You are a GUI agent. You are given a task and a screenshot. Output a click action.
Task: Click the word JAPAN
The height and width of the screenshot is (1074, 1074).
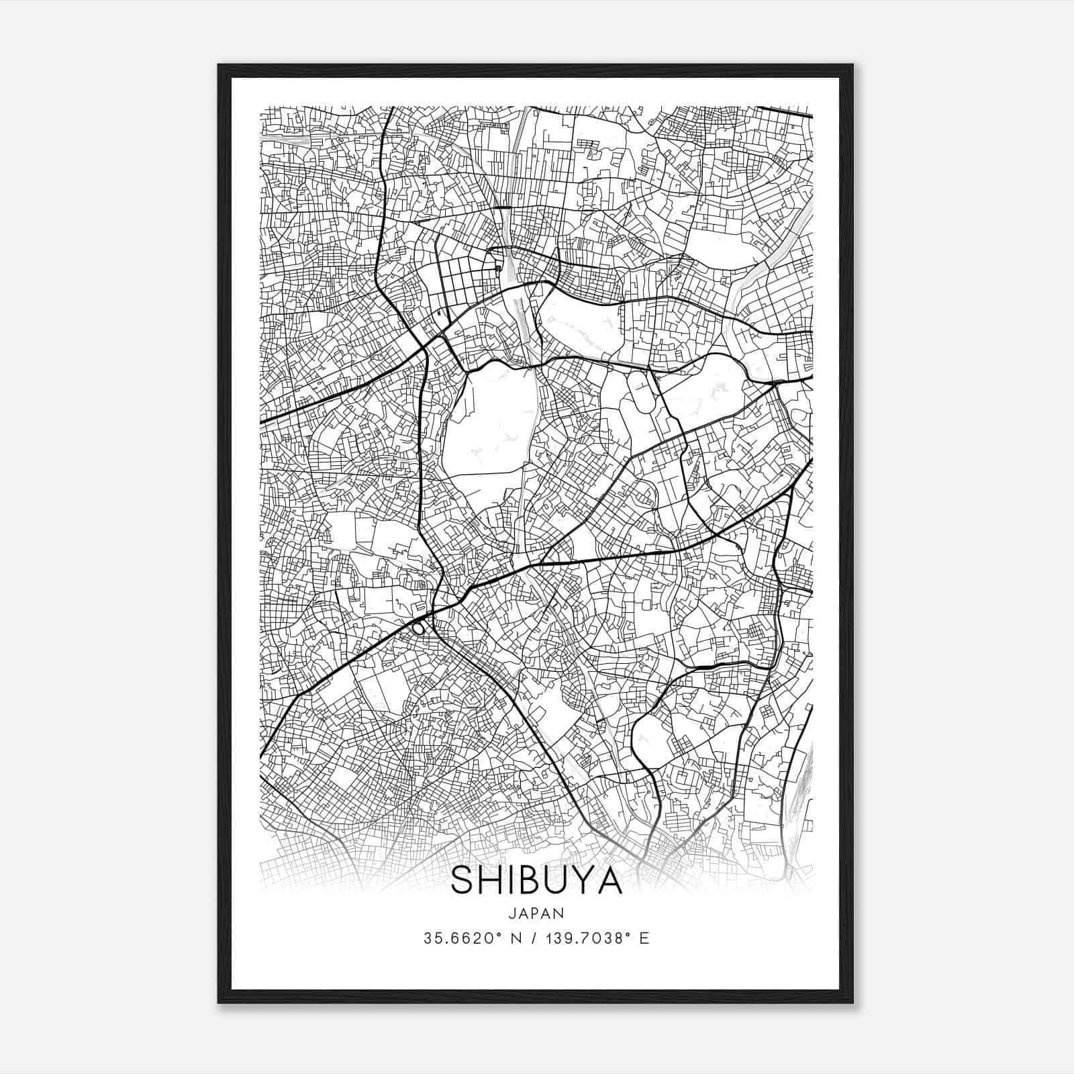click(x=536, y=913)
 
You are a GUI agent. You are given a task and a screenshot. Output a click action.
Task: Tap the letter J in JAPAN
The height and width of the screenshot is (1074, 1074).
click(x=513, y=913)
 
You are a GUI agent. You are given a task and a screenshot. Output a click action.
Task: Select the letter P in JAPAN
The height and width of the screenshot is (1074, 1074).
click(x=536, y=913)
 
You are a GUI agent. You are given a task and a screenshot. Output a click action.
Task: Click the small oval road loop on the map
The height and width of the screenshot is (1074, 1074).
click(x=418, y=629)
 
